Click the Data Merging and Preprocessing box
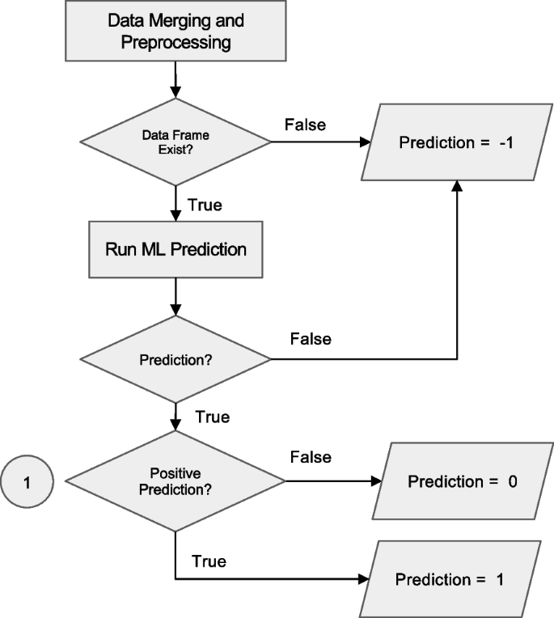click(x=176, y=31)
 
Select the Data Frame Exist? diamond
click(x=176, y=142)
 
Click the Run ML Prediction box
click(x=176, y=249)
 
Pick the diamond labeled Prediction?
click(x=176, y=358)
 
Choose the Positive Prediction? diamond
click(x=176, y=483)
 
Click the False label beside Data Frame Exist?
click(x=305, y=125)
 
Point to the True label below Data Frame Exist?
click(x=205, y=205)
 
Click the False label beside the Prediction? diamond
click(x=311, y=339)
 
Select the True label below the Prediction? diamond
click(x=212, y=417)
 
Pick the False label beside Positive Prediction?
click(x=311, y=458)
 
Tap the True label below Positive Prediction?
click(x=209, y=561)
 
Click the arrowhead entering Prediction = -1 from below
click(x=458, y=185)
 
